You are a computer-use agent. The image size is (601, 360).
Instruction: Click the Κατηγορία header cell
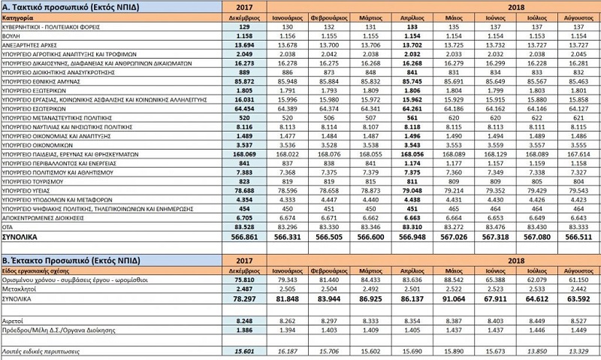point(22,16)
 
